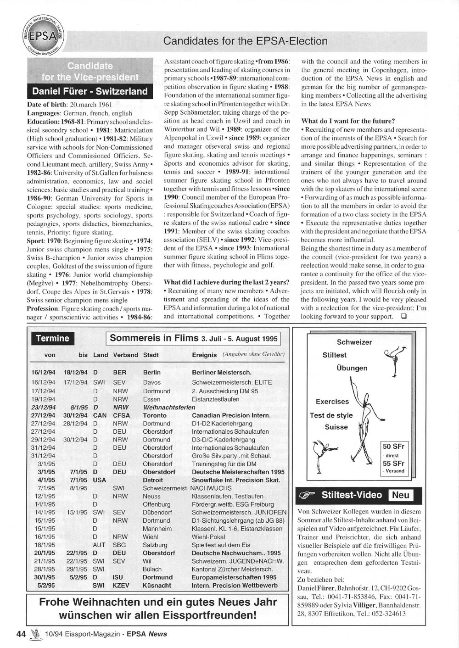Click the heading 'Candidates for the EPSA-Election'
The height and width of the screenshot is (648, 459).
[x=245, y=41]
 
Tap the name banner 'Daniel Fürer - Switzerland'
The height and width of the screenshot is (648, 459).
[x=90, y=91]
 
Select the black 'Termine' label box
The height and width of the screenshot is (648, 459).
[x=52, y=339]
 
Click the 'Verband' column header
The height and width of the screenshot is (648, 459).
[x=125, y=355]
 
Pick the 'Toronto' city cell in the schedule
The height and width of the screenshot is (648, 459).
[x=155, y=415]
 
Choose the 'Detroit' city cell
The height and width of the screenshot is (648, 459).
[x=153, y=480]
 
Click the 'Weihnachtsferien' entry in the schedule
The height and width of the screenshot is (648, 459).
[x=169, y=407]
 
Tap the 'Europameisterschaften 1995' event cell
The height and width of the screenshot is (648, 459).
[x=234, y=577]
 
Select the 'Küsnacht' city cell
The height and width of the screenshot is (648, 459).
[x=157, y=586]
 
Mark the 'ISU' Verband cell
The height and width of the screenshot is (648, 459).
[x=117, y=577]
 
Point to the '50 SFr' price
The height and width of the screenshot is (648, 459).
[x=393, y=447]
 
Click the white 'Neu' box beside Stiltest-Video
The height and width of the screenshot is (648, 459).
[x=400, y=495]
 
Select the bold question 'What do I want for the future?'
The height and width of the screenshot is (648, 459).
[x=347, y=121]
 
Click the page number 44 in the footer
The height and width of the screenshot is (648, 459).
[x=21, y=634]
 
